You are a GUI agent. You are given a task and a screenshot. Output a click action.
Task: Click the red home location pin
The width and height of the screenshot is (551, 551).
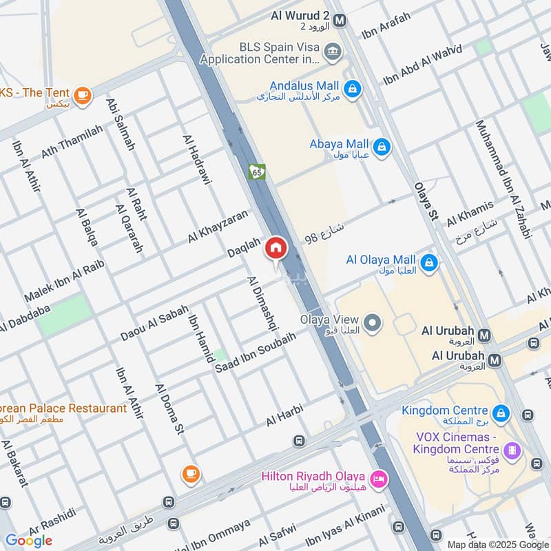[x=275, y=248]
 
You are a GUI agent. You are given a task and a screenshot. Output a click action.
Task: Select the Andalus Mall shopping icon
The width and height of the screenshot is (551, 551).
[x=352, y=89]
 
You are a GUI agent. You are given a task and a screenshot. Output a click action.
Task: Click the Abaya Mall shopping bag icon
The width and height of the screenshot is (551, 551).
[x=381, y=146]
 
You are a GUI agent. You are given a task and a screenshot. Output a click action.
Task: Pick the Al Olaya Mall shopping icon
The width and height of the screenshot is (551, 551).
[x=429, y=262]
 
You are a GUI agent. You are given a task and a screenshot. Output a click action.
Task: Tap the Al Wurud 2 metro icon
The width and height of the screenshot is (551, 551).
[x=339, y=21]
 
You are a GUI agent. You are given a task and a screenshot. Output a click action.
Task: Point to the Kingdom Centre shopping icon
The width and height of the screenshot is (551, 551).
[x=501, y=413]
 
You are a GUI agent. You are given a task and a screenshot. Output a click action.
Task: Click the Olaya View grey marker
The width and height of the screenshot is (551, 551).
[x=372, y=322]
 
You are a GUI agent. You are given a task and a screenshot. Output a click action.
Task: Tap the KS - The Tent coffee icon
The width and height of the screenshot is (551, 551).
[x=83, y=95]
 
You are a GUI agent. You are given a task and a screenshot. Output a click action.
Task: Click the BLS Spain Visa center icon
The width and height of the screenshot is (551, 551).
[x=333, y=50]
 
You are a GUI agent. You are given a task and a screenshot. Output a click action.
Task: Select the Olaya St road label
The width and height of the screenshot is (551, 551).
[x=426, y=201]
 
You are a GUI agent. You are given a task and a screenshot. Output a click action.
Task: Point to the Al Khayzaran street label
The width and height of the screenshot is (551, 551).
[x=217, y=227]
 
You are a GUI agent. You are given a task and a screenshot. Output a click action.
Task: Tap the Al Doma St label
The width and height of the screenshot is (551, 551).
[x=169, y=410]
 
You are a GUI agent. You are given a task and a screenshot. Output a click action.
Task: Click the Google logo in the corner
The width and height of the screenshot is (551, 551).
[x=29, y=540]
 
